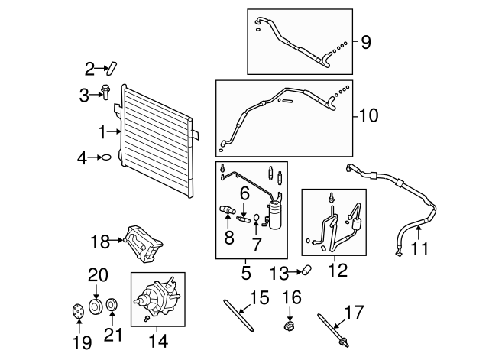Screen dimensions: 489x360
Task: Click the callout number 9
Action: (x=366, y=42)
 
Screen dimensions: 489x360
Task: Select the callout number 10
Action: (x=369, y=115)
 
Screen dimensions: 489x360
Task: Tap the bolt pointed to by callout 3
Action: (x=105, y=92)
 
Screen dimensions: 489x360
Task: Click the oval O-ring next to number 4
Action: (x=106, y=157)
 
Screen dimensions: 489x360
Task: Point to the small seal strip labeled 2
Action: (x=111, y=69)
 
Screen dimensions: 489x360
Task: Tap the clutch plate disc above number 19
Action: (x=77, y=311)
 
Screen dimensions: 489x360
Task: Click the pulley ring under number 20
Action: (x=96, y=306)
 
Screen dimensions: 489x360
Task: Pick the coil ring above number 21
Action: (x=112, y=305)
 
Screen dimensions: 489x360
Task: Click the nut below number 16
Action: (x=289, y=326)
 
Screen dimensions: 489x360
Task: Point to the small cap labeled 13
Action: (x=306, y=270)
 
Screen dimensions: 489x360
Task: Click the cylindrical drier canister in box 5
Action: (x=274, y=215)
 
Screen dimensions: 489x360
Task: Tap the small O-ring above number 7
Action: (x=257, y=216)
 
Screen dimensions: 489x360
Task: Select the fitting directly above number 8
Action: (x=228, y=209)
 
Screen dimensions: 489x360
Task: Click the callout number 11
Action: (x=419, y=248)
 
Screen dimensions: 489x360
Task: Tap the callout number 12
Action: (x=338, y=270)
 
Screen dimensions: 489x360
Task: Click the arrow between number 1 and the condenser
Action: (x=114, y=131)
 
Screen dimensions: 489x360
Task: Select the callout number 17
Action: (x=354, y=312)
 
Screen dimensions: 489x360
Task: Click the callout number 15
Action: (x=260, y=297)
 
